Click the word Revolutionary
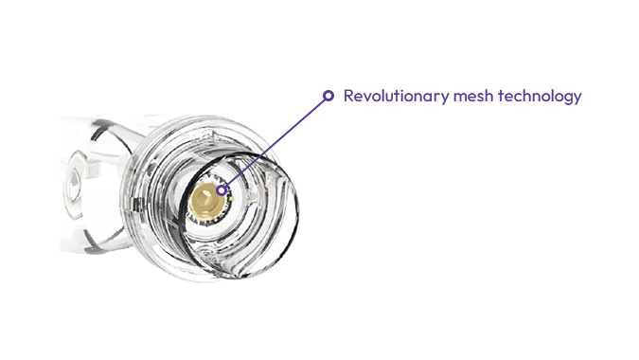pos(390,97)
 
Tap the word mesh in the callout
pos(464,97)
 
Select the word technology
pos(535,97)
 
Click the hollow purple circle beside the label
pos(328,96)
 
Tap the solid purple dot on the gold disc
pos(222,189)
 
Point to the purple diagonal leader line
pos(275,142)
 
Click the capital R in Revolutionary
pos(349,97)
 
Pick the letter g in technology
pos(564,99)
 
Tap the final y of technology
pos(576,99)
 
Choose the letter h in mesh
pos(479,96)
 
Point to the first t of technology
pos(493,97)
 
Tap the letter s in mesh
pos(470,97)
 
